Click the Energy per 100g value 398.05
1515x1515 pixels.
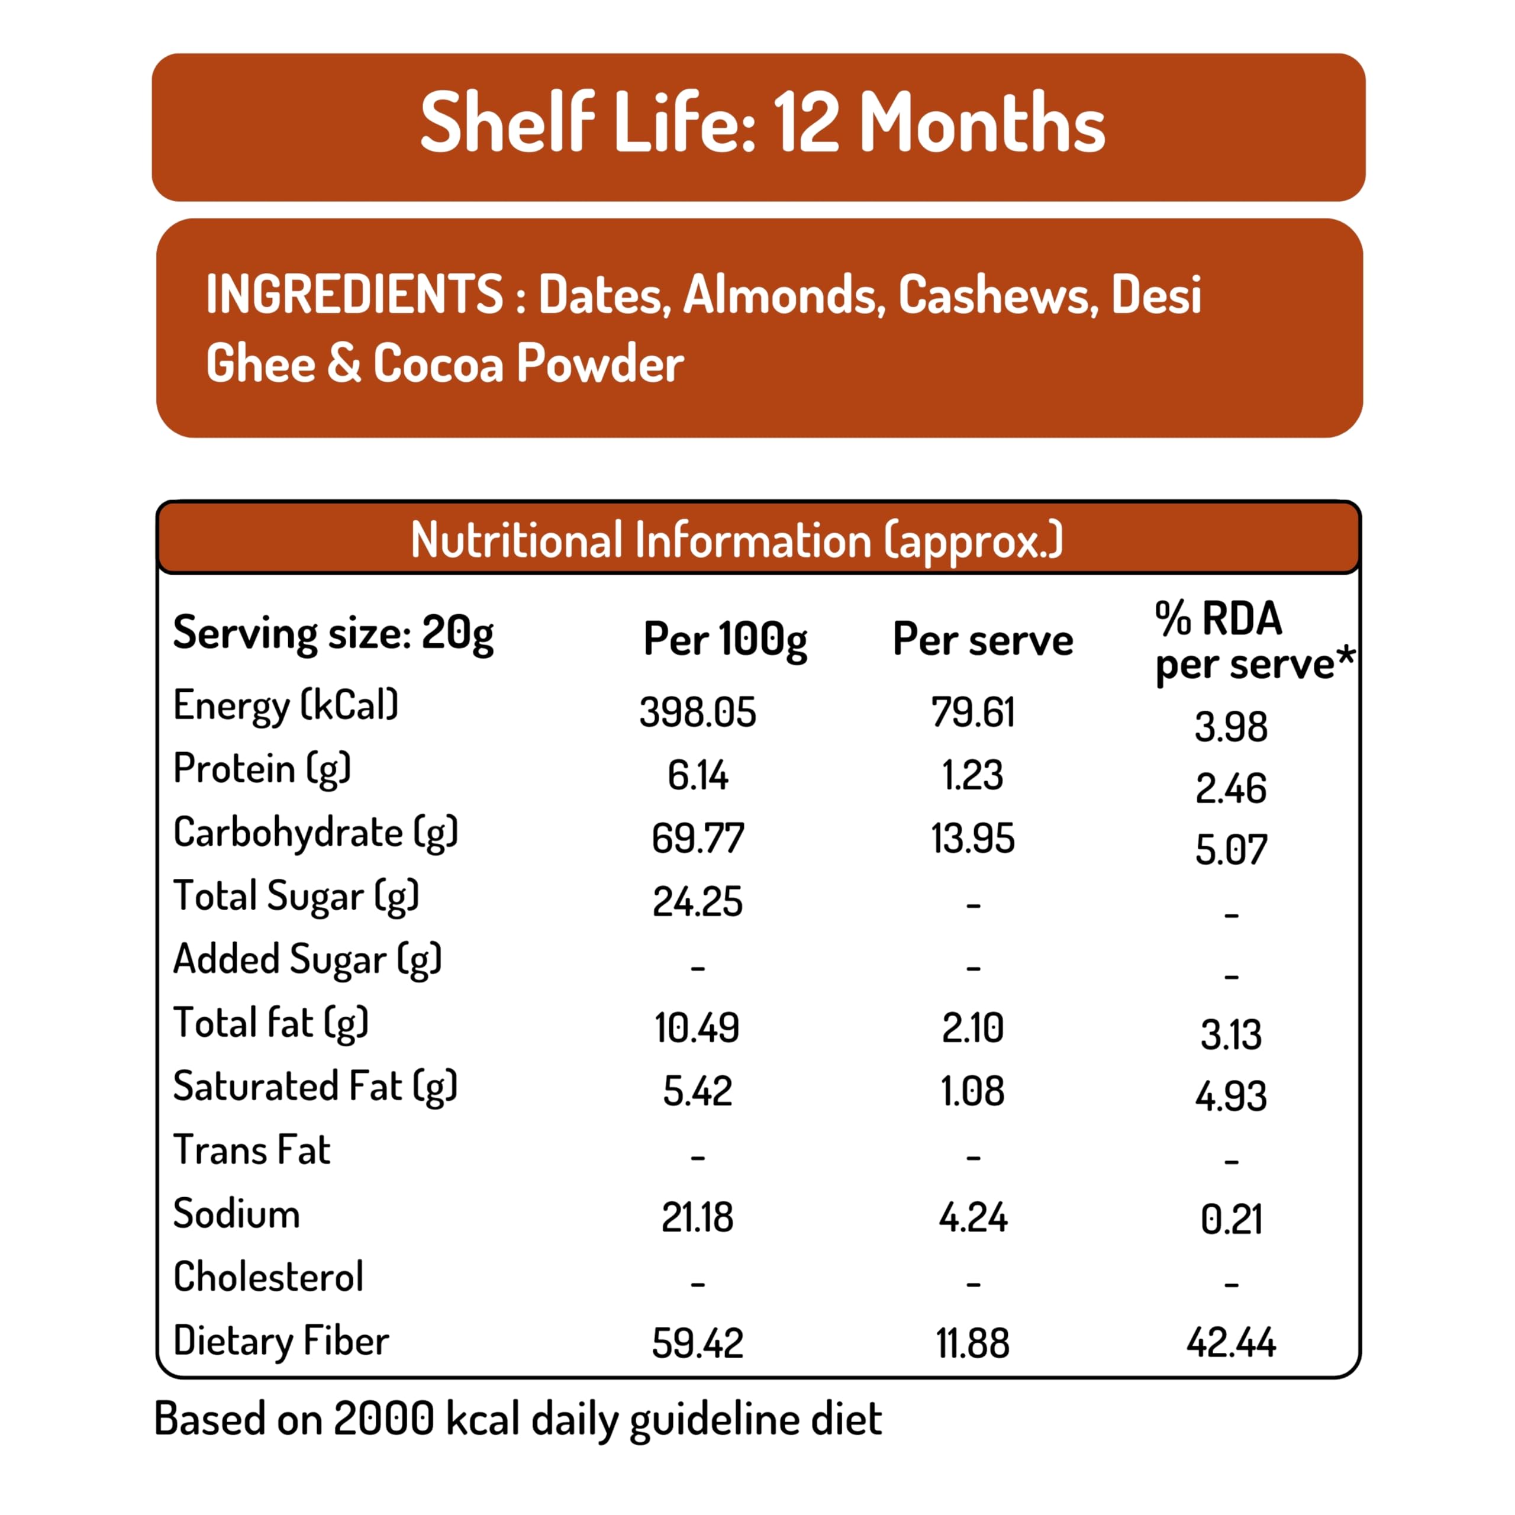tap(697, 712)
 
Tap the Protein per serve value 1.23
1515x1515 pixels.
tap(972, 775)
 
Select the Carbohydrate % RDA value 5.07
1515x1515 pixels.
tap(1230, 850)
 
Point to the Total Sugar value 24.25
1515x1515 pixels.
tap(697, 902)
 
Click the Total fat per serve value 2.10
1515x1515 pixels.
tap(972, 1028)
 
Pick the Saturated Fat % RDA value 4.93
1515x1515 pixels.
tap(1230, 1096)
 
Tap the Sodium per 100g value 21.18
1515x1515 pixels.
tap(697, 1218)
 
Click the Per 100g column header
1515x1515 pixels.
tap(724, 640)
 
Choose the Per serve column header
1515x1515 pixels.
tap(982, 640)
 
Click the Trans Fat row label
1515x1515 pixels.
tap(252, 1150)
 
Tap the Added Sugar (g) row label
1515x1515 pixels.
tap(307, 960)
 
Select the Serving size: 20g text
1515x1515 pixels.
tap(333, 634)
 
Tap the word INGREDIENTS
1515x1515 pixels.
tap(354, 294)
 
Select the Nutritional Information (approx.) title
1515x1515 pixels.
tap(737, 540)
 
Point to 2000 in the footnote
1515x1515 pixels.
tap(383, 1419)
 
